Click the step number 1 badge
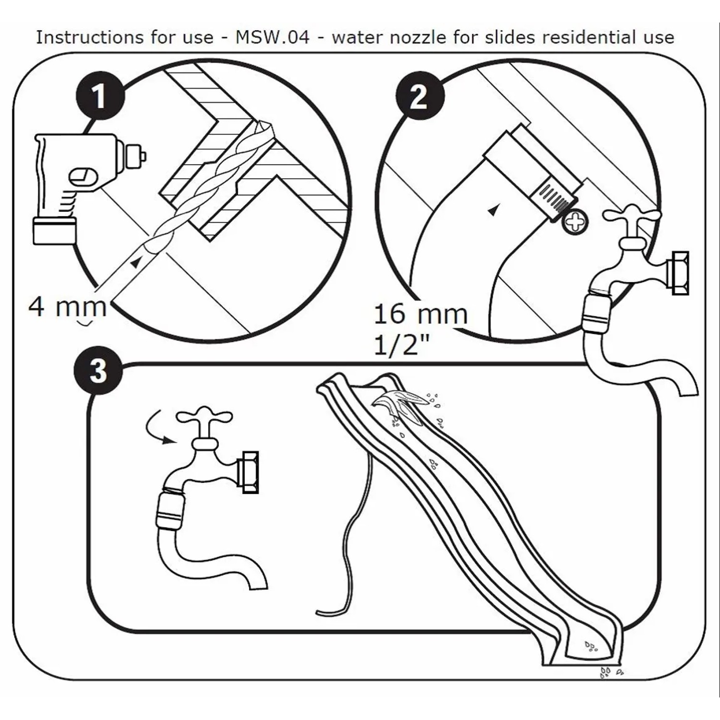click(x=100, y=96)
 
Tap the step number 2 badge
click(x=419, y=96)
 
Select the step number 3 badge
click(x=98, y=371)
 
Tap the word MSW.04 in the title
click(x=272, y=37)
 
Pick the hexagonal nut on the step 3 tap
click(x=249, y=472)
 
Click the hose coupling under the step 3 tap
click(x=170, y=509)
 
